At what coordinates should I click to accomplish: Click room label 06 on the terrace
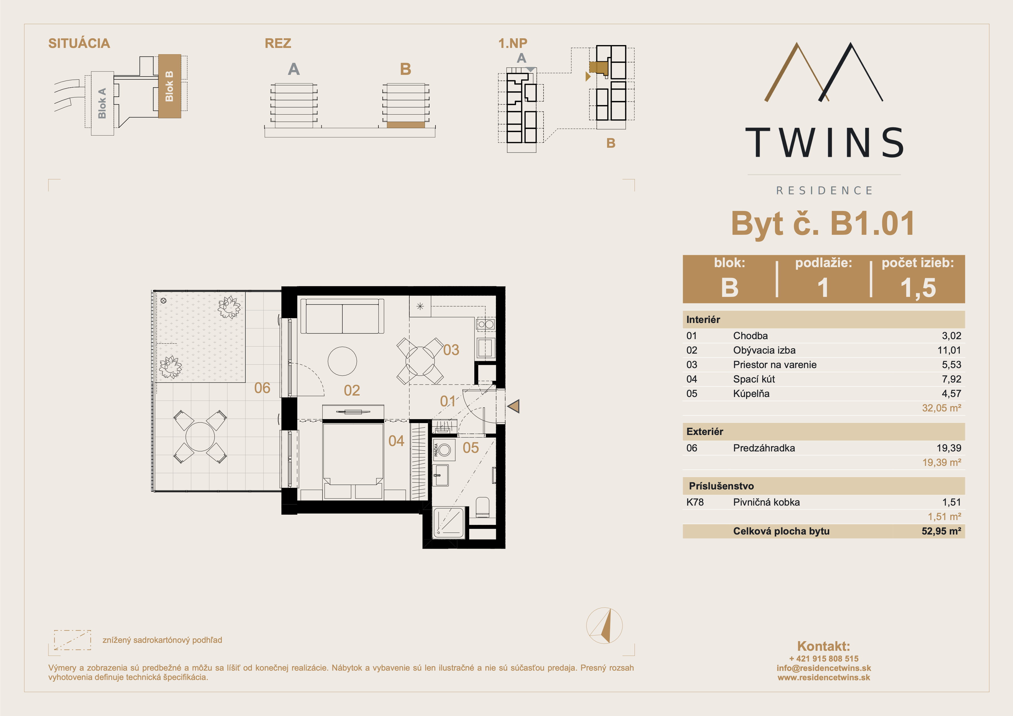(x=262, y=388)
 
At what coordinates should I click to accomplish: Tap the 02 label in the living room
(x=352, y=390)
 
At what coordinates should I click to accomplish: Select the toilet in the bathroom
(x=483, y=507)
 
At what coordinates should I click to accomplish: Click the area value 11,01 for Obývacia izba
(x=949, y=350)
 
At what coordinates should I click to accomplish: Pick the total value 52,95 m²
(x=941, y=531)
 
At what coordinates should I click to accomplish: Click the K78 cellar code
(x=695, y=502)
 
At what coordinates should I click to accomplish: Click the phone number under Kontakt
(x=824, y=659)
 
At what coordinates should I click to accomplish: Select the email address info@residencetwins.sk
(x=824, y=668)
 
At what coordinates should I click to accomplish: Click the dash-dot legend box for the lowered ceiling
(x=72, y=640)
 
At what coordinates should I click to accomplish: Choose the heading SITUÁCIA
(x=79, y=43)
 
